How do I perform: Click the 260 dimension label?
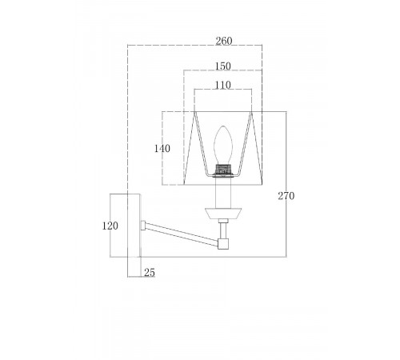pyautogui.click(x=224, y=41)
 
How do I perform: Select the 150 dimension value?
pyautogui.click(x=223, y=66)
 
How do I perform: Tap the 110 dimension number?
pyautogui.click(x=223, y=85)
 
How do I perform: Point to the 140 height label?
pyautogui.click(x=162, y=149)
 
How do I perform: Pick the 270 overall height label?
pyautogui.click(x=286, y=196)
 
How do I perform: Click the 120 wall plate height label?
pyautogui.click(x=110, y=226)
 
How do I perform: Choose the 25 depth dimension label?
pyautogui.click(x=150, y=273)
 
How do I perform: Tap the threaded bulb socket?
pyautogui.click(x=223, y=170)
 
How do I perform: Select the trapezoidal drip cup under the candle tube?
pyautogui.click(x=223, y=214)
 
